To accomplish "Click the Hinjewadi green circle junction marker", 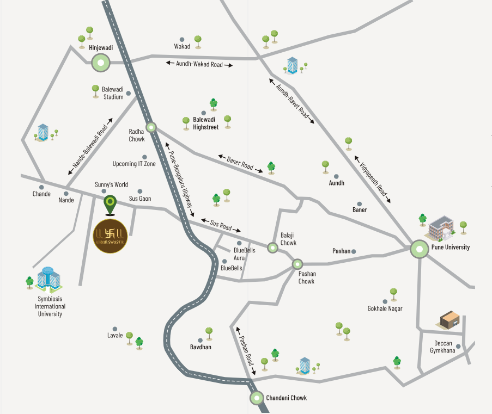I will click(100, 63).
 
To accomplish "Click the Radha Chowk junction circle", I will click(151, 128).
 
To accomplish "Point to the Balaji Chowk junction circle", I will click(272, 248).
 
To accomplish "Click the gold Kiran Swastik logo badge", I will click(111, 237).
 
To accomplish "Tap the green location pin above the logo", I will click(110, 204).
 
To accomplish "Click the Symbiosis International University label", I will click(51, 306).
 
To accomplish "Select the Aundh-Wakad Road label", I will click(199, 64).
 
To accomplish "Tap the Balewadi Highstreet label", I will click(204, 123).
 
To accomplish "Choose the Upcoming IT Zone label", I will click(134, 164).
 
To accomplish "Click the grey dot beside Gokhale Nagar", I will click(385, 301).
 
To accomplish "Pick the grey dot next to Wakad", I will click(182, 39).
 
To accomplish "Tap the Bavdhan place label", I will click(201, 347).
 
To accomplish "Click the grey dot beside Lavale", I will click(115, 329).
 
